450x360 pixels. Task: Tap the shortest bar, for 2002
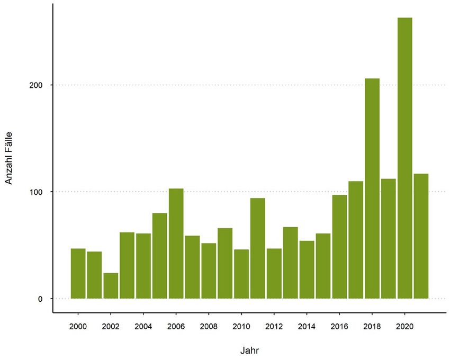(111, 285)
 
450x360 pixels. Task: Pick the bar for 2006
(176, 243)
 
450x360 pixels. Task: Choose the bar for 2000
(78, 273)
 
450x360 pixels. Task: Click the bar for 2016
(339, 246)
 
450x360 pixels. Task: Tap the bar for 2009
(225, 263)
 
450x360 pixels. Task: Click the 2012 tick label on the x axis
(274, 326)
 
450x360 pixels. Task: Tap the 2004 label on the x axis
(143, 326)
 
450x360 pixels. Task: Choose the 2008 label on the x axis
(209, 326)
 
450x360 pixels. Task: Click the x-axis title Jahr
(249, 350)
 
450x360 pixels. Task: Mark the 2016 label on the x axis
(339, 326)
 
